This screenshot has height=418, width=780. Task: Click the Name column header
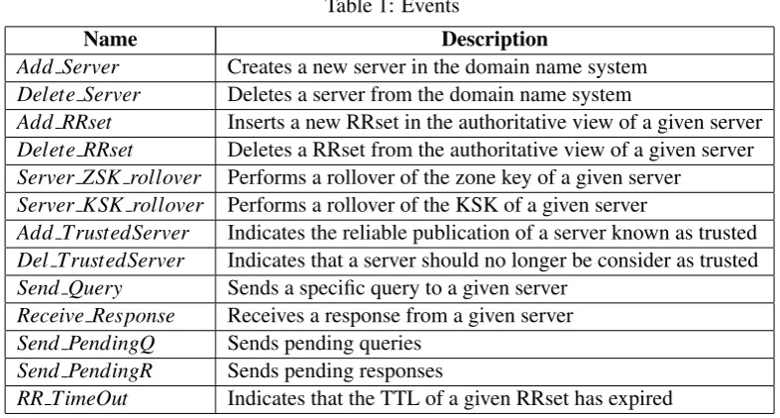click(110, 40)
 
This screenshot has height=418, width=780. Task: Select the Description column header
click(495, 40)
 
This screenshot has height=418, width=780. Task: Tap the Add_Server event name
click(67, 67)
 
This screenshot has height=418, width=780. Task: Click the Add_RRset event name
click(64, 122)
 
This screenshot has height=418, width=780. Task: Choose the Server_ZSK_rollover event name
click(109, 177)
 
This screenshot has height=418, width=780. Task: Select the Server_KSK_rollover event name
click(110, 205)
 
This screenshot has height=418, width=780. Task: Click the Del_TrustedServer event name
click(100, 261)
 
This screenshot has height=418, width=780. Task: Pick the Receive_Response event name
click(96, 316)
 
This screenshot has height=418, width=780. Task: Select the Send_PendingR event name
click(84, 370)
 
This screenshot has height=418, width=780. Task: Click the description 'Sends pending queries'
click(324, 344)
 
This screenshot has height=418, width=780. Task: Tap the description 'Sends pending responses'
click(335, 371)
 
